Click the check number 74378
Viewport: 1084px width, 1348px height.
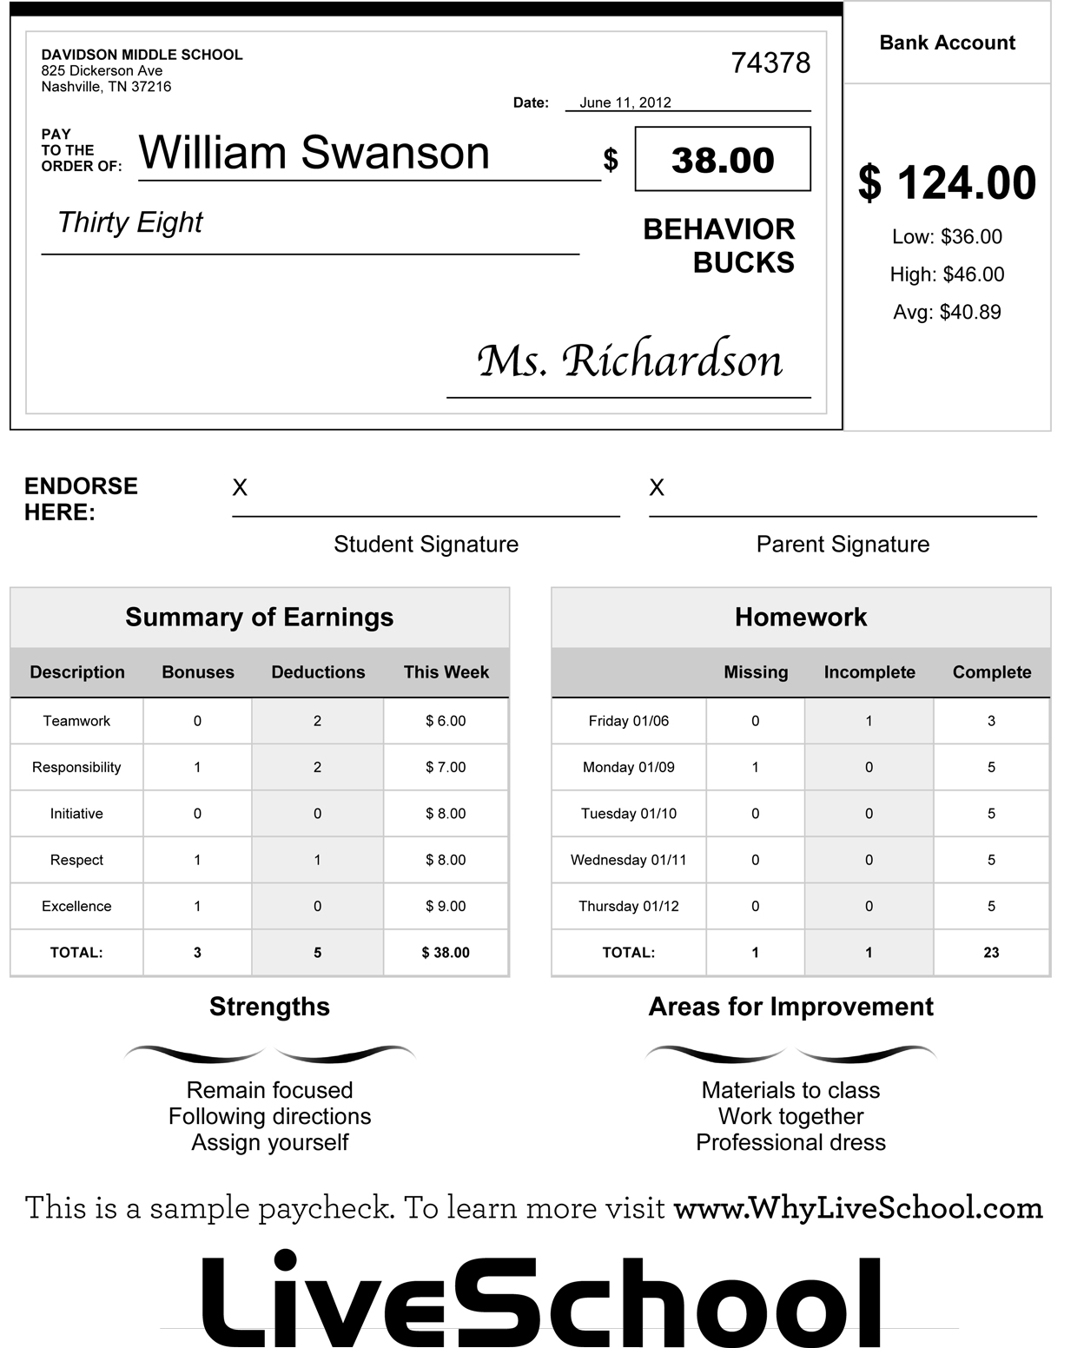click(770, 63)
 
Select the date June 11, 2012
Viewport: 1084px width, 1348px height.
click(625, 102)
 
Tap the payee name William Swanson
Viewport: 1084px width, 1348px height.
click(314, 153)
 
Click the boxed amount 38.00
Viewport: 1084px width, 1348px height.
click(723, 160)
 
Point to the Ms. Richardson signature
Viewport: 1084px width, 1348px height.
click(630, 360)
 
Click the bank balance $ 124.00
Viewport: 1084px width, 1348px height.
click(947, 183)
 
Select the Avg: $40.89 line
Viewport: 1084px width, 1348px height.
click(947, 312)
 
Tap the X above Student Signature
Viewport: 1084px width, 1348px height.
click(240, 488)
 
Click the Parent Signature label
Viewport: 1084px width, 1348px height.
click(843, 545)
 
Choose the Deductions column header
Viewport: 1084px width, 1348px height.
click(318, 672)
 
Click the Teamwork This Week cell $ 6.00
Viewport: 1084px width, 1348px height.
click(446, 721)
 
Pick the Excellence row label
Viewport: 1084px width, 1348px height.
click(76, 906)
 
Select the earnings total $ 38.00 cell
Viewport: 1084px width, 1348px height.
click(446, 953)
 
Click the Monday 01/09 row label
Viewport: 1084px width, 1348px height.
click(629, 767)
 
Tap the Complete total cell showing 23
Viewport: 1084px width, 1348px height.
click(991, 953)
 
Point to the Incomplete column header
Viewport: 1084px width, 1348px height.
click(869, 672)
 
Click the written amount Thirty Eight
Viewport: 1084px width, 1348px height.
click(129, 222)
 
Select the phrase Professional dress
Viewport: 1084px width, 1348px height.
click(790, 1142)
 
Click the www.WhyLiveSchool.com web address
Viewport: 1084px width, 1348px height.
click(858, 1207)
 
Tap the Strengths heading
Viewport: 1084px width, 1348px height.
click(269, 1007)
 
